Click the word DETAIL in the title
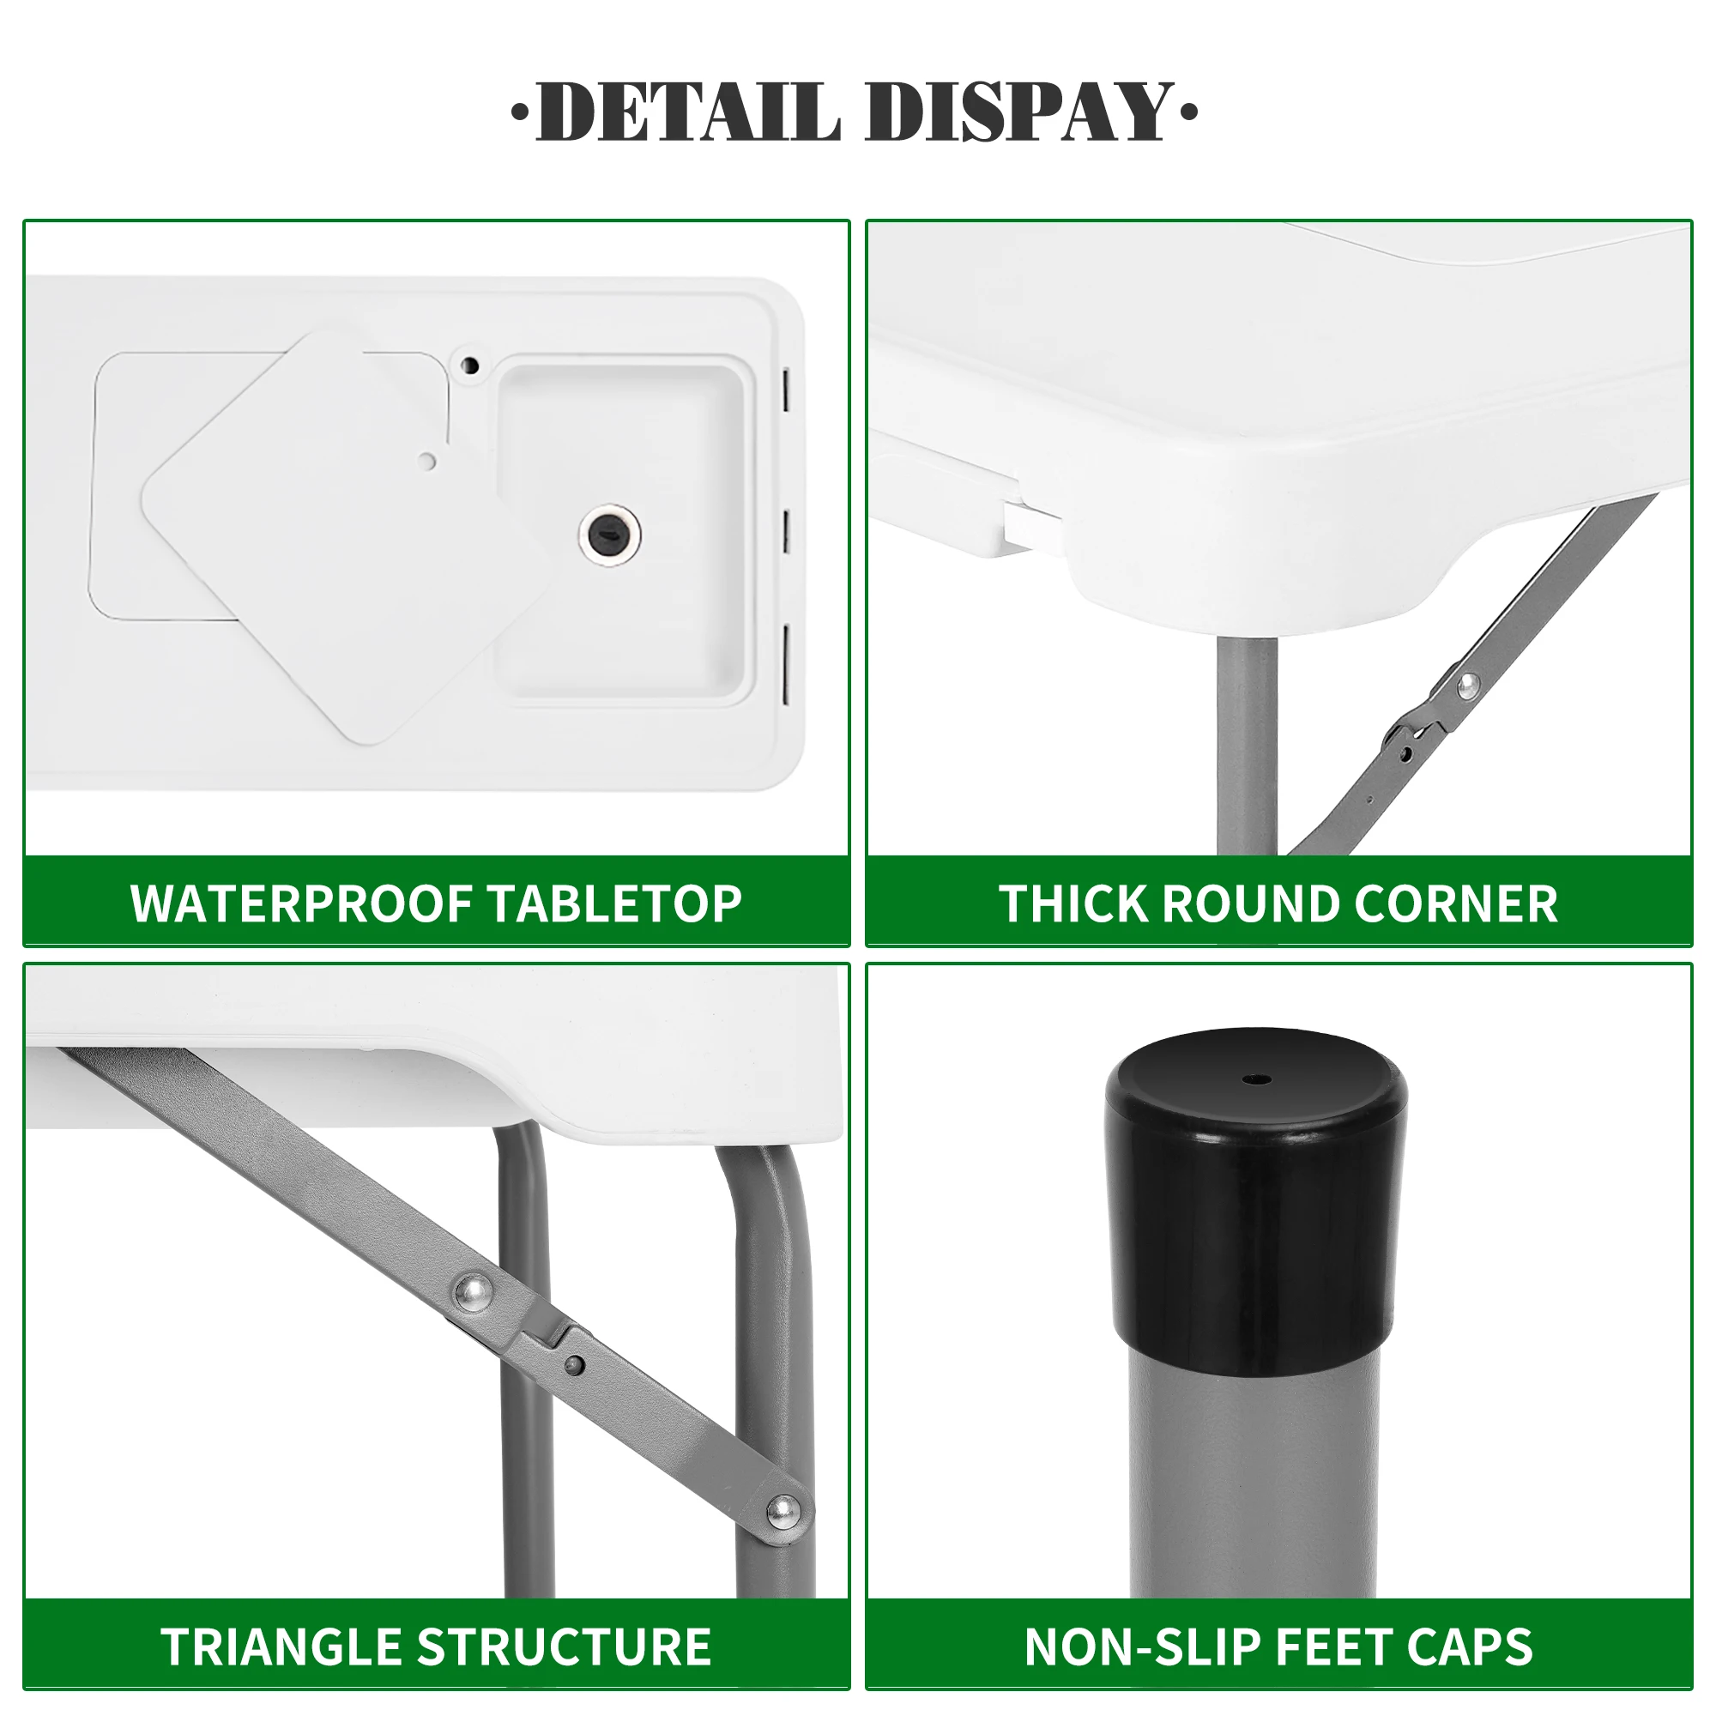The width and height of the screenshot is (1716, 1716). tap(688, 112)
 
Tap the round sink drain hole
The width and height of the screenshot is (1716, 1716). tap(609, 535)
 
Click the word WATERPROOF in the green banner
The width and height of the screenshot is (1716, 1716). tap(299, 904)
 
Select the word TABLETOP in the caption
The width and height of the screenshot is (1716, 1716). tap(614, 904)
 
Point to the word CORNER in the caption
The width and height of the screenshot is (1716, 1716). tap(1456, 904)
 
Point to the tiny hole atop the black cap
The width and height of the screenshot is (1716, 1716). tap(1256, 1080)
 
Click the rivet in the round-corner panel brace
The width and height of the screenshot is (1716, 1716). tap(1467, 683)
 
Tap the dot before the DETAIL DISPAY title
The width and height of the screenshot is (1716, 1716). tap(520, 112)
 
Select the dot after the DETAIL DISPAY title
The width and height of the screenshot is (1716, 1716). tap(1188, 112)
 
